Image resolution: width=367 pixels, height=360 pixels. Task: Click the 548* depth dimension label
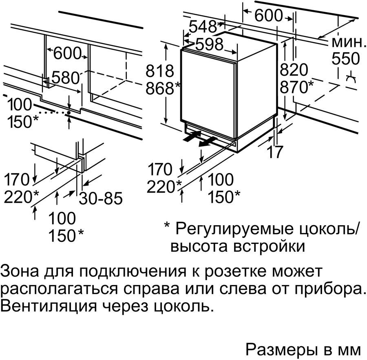pyautogui.click(x=205, y=27)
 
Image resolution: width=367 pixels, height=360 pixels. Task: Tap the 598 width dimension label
pyautogui.click(x=209, y=44)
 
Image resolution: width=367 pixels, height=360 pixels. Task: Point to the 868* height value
pyautogui.click(x=163, y=88)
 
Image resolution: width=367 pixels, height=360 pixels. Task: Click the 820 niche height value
pyautogui.click(x=294, y=70)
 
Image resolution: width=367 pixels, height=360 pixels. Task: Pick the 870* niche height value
pyautogui.click(x=296, y=87)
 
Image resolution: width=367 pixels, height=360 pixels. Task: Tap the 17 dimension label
pyautogui.click(x=275, y=152)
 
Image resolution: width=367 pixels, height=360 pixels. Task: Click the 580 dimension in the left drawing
pyautogui.click(x=66, y=78)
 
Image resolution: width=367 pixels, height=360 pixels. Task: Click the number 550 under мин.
pyautogui.click(x=346, y=58)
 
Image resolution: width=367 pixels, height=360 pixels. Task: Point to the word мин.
pyautogui.click(x=348, y=42)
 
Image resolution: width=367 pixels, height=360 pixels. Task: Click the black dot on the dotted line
pyautogui.click(x=69, y=113)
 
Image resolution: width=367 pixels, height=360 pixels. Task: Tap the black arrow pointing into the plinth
pyautogui.click(x=192, y=136)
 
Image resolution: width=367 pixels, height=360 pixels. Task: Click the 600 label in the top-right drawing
pyautogui.click(x=269, y=15)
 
